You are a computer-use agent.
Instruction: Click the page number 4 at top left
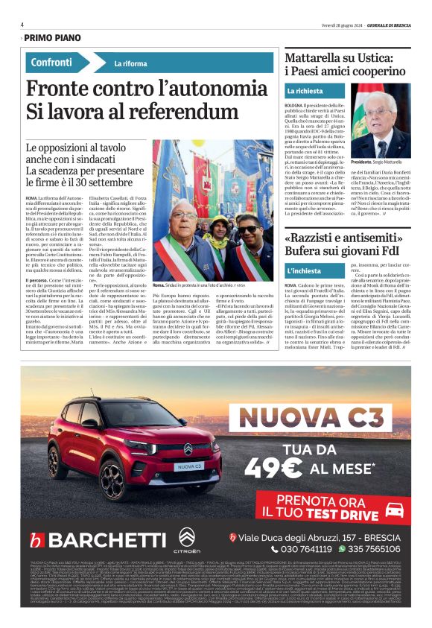(x=22, y=24)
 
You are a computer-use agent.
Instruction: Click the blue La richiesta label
(x=305, y=91)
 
